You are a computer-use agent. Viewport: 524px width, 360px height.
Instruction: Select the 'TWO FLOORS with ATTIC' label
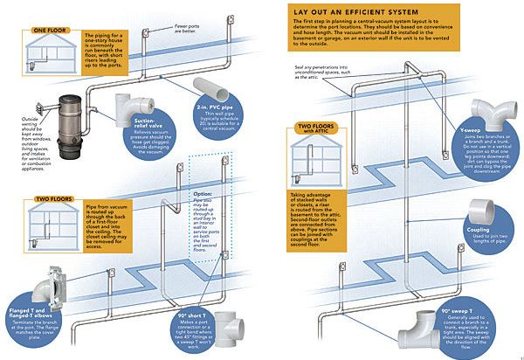[321, 130]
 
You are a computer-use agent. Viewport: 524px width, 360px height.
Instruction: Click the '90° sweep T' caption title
[458, 287]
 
